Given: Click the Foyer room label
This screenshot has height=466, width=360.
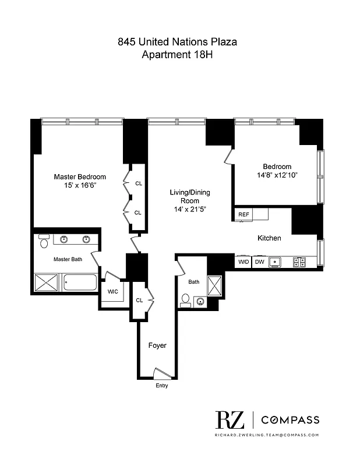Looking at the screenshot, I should (x=157, y=345).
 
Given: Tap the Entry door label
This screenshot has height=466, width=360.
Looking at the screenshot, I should (x=161, y=386).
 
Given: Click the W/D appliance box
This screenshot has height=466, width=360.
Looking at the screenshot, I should (x=243, y=262).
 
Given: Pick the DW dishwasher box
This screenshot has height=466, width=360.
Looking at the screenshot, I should (x=260, y=262).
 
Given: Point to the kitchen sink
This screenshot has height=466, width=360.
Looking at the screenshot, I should (x=278, y=262).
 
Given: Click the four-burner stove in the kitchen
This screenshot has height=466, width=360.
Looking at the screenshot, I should (x=299, y=262).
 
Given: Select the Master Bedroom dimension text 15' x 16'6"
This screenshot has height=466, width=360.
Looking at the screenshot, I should (x=80, y=185).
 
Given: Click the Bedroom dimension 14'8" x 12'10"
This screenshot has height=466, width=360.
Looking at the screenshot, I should (x=277, y=175).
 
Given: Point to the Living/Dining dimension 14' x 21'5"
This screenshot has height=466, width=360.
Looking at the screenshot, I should (x=190, y=209).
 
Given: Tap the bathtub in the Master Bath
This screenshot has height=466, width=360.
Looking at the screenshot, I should (x=80, y=284).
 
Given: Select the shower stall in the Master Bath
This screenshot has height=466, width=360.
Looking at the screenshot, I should (x=47, y=284).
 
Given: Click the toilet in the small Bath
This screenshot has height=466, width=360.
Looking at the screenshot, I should (x=186, y=299).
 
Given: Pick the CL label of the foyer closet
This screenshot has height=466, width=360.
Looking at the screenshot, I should (x=139, y=301).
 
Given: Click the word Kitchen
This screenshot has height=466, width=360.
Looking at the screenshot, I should (x=269, y=238).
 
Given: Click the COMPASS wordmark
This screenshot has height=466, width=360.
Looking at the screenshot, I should (x=290, y=420).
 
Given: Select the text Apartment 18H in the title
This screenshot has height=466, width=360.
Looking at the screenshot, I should (x=177, y=55).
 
